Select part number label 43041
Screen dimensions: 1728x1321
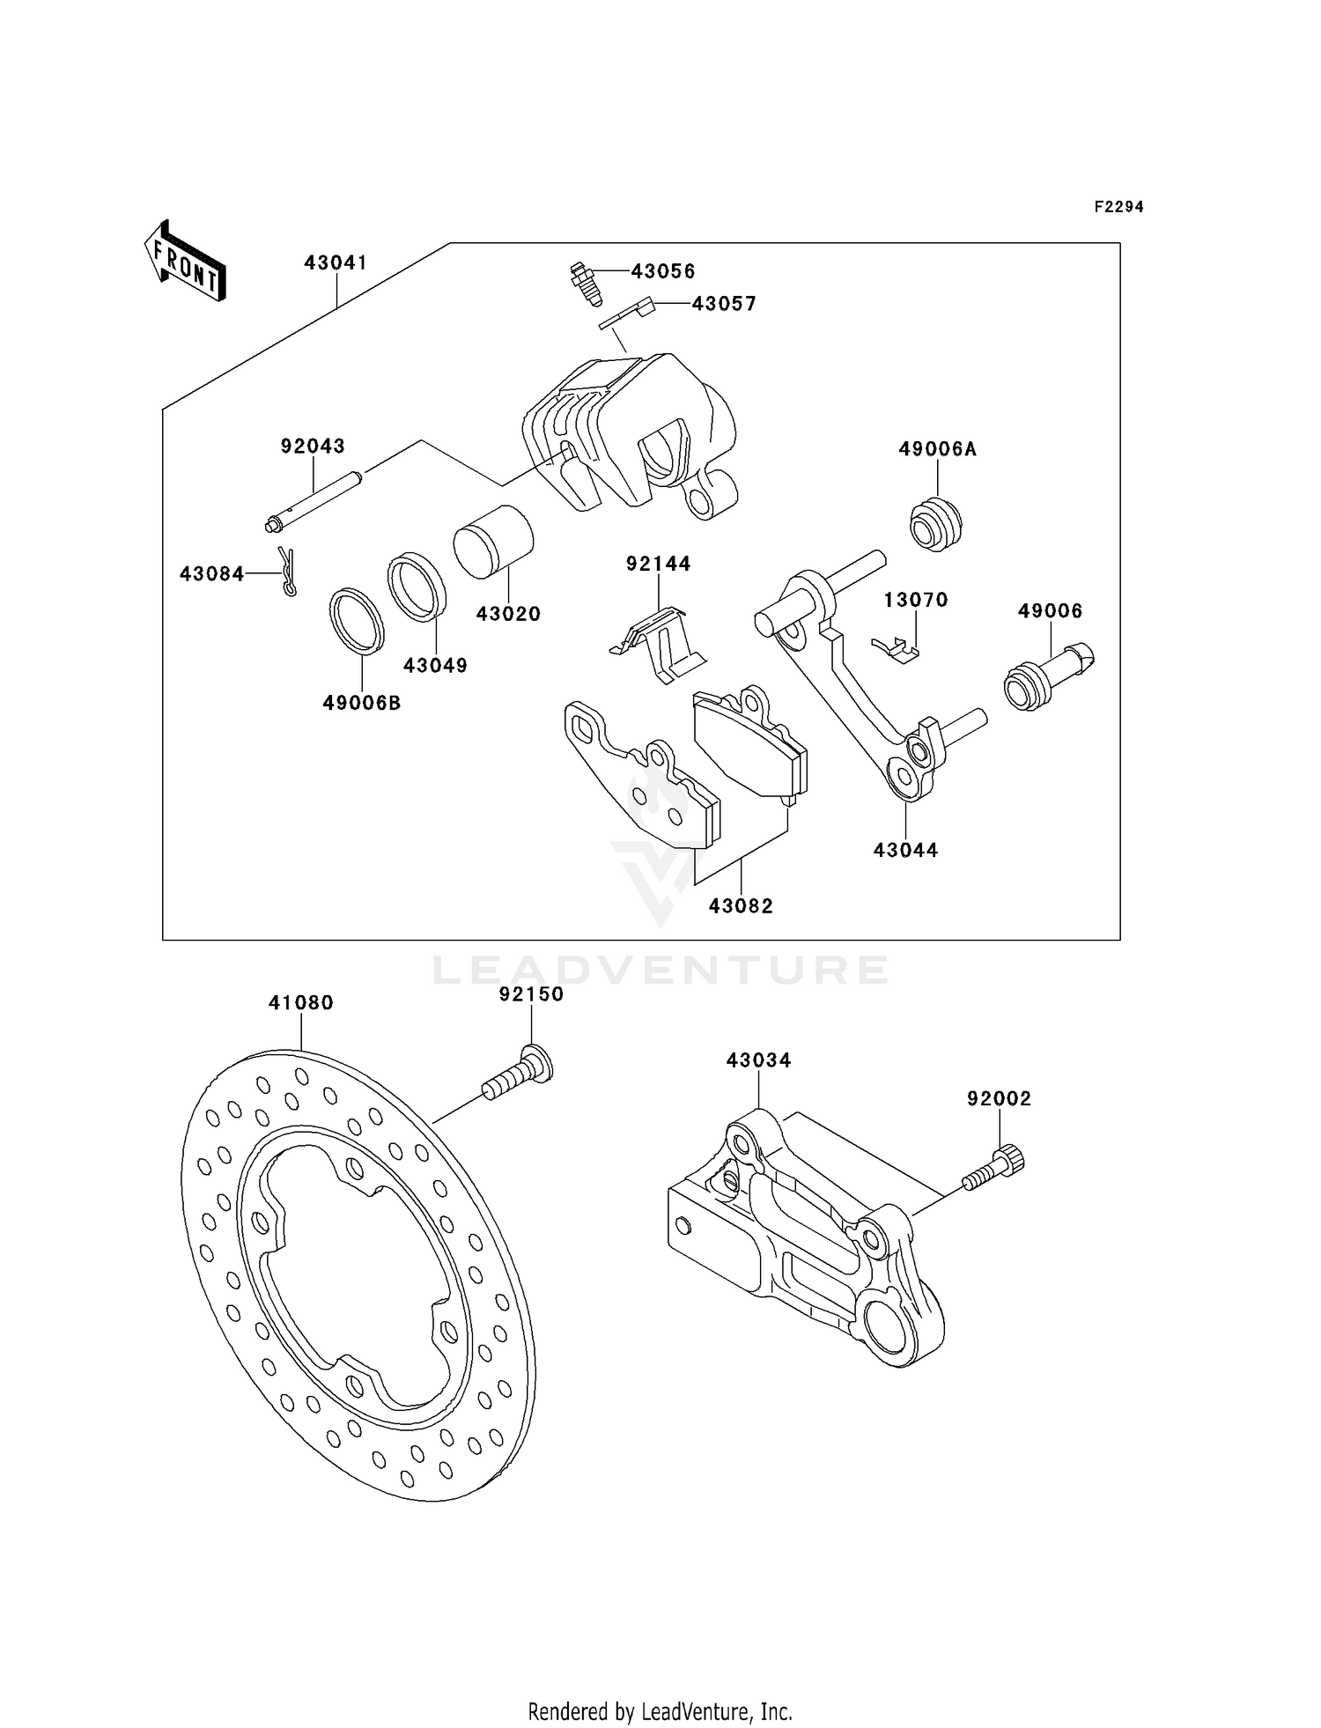(x=336, y=262)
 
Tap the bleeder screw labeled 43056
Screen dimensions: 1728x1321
(x=584, y=282)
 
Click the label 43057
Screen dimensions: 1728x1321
(x=723, y=304)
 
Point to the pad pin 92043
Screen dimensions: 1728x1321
(x=313, y=505)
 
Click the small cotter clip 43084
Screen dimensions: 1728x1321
(x=287, y=572)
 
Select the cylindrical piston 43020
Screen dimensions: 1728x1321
(x=494, y=542)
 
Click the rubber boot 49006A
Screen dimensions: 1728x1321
(x=935, y=525)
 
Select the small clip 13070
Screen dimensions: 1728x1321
(x=896, y=649)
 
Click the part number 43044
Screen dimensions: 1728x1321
(x=905, y=850)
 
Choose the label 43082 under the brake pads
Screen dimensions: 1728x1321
(x=741, y=905)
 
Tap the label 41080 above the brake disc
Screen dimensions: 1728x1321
(x=301, y=1002)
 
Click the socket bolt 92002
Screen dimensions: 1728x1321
(x=995, y=1168)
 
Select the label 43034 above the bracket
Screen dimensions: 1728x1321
(x=758, y=1060)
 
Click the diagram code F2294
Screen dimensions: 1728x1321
(x=1118, y=207)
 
